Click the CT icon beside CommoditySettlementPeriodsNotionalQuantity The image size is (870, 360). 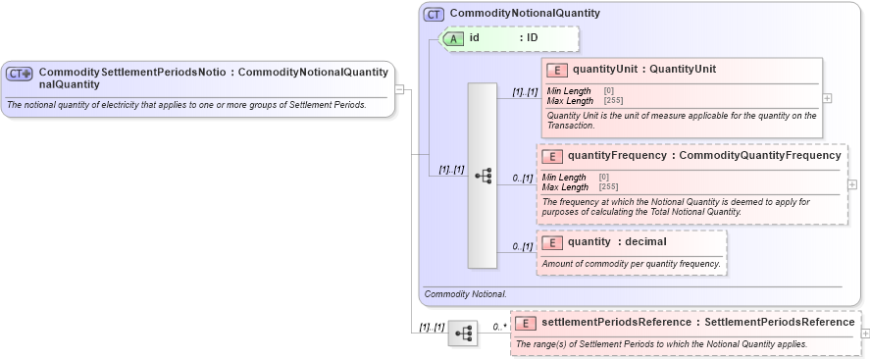pyautogui.click(x=20, y=74)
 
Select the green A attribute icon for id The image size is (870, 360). pyautogui.click(x=454, y=38)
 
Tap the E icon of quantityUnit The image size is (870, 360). pyautogui.click(x=556, y=70)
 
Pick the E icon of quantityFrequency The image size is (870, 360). pyautogui.click(x=551, y=156)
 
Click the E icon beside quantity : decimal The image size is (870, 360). pyautogui.click(x=551, y=242)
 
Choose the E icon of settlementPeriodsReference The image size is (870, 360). pyautogui.click(x=526, y=323)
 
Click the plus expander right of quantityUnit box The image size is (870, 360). pyautogui.click(x=827, y=98)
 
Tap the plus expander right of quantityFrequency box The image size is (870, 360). pyautogui.click(x=851, y=184)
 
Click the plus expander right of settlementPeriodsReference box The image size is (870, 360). pyautogui.click(x=864, y=334)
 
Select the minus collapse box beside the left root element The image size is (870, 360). pyautogui.click(x=399, y=89)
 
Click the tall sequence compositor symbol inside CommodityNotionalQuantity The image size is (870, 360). pyautogui.click(x=483, y=176)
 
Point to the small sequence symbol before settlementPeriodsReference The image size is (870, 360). pyautogui.click(x=462, y=334)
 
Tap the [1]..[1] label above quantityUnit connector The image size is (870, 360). pyautogui.click(x=525, y=92)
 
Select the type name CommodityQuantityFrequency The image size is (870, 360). pyautogui.click(x=759, y=156)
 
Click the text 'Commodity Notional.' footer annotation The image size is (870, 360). pyautogui.click(x=466, y=293)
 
